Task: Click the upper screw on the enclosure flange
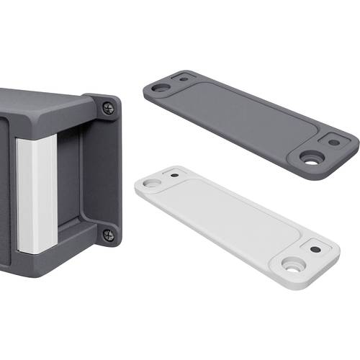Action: pyautogui.click(x=108, y=108)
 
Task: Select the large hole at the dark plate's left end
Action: pyautogui.click(x=161, y=88)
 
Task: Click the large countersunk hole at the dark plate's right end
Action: pyautogui.click(x=312, y=159)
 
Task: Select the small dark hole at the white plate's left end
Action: pyautogui.click(x=174, y=174)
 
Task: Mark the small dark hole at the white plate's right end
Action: pyautogui.click(x=315, y=248)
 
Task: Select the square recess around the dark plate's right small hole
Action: pyautogui.click(x=333, y=143)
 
